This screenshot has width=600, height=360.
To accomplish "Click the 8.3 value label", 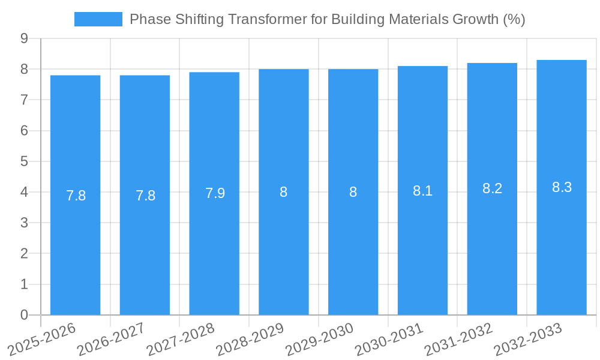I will [562, 187].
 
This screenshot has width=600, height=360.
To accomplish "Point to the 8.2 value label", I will [492, 188].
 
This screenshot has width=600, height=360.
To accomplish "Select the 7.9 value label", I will [215, 193].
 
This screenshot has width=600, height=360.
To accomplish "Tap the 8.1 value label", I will [422, 191].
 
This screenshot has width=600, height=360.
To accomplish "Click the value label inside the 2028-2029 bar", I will [284, 192].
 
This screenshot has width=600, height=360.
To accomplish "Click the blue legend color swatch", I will [98, 19].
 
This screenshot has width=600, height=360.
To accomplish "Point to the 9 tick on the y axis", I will [24, 38].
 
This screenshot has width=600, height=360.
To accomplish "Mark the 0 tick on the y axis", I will [24, 315].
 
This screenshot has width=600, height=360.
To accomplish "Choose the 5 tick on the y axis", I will [24, 161].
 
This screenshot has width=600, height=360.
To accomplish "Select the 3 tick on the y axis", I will [24, 223].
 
